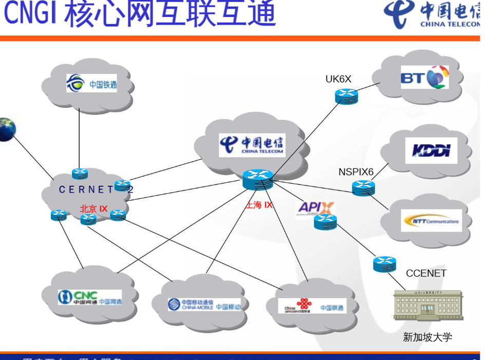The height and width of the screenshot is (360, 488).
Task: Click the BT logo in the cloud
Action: coord(425,78)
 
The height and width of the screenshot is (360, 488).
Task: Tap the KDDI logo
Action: coord(431,150)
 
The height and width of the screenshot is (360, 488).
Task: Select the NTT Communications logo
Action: coord(430,221)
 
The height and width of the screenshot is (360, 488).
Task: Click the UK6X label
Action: coord(339,79)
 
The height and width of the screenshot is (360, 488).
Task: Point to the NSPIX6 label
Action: coord(355,172)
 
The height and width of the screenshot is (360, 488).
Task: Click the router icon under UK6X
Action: coord(347,96)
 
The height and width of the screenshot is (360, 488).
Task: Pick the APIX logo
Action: coord(316,207)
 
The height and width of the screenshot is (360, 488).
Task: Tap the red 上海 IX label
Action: coord(258,205)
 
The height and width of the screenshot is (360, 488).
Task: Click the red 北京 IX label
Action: coord(93,209)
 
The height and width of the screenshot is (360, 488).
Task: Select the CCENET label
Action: coord(426,273)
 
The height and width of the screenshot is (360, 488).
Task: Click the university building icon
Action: coord(428,305)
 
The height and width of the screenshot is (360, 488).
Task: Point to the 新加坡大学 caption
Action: coord(427,337)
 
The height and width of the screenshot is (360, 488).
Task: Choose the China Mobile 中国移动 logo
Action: coord(204,305)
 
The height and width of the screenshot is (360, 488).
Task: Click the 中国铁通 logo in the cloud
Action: coord(91,83)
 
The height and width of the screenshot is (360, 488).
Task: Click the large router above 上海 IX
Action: coord(257,179)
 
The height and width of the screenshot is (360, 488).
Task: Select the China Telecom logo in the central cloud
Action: coord(251,145)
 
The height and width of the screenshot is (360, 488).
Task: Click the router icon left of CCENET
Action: coord(384,264)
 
